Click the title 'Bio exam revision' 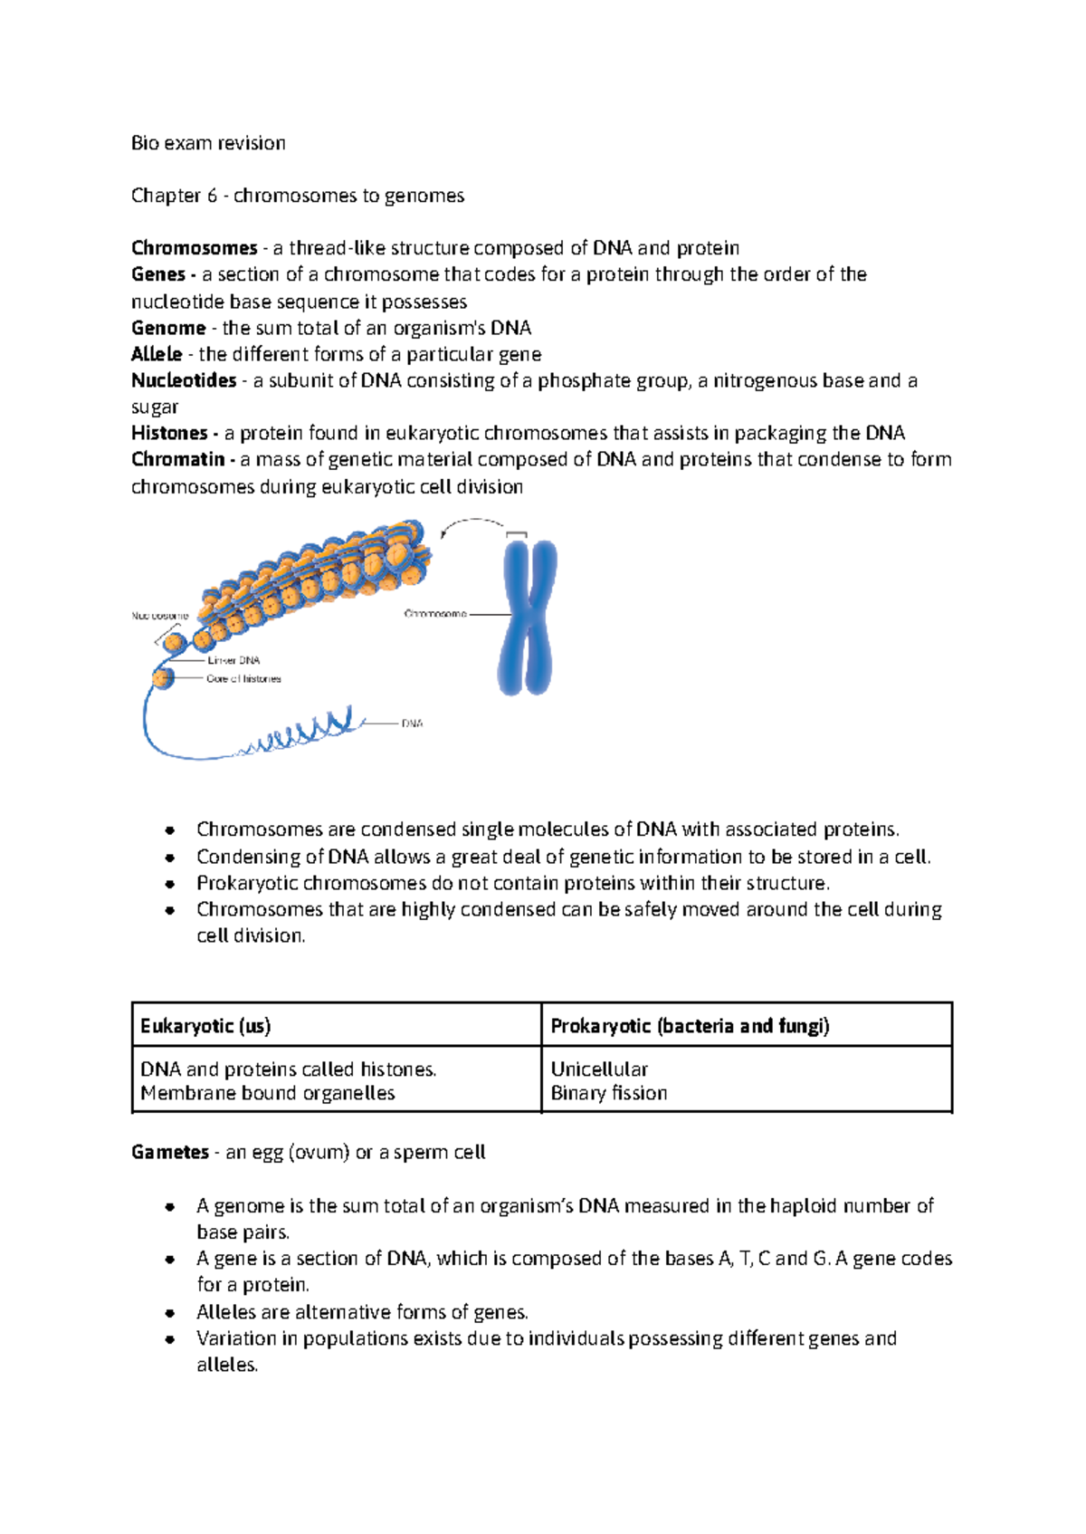(208, 143)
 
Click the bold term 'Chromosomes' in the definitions (194, 248)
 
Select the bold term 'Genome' (168, 328)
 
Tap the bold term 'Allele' (157, 354)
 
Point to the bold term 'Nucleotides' (184, 380)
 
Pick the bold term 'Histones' (169, 433)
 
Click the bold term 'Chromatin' (177, 459)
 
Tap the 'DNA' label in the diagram (412, 724)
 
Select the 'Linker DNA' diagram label (233, 660)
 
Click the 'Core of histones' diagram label (243, 678)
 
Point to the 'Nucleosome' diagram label (160, 616)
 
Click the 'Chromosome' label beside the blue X (435, 614)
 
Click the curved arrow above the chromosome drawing (472, 524)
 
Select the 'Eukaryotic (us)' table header (205, 1026)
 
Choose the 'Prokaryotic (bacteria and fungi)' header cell (690, 1026)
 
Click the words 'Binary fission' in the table (609, 1093)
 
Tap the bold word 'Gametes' (170, 1152)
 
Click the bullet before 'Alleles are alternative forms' (169, 1312)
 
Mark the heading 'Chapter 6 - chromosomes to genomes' (298, 196)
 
